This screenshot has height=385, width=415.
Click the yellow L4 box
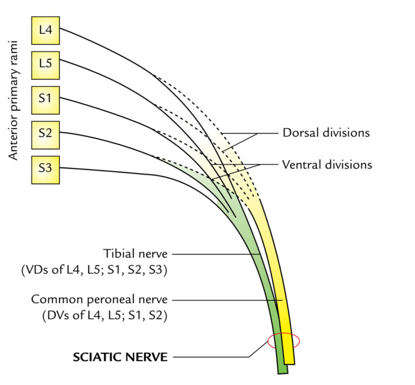coord(45,30)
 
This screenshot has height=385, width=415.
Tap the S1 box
coord(45,99)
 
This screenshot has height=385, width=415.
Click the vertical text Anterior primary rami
coord(15,100)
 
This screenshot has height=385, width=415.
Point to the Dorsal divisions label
coord(326,133)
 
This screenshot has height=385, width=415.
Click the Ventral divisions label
coord(327,164)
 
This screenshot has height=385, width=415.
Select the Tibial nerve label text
coord(135,253)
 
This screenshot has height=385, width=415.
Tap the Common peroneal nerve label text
coord(99,299)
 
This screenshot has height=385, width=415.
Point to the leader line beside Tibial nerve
coord(216,253)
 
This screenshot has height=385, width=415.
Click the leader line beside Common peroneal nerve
coord(227,299)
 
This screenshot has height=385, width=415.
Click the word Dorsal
coord(298,133)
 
